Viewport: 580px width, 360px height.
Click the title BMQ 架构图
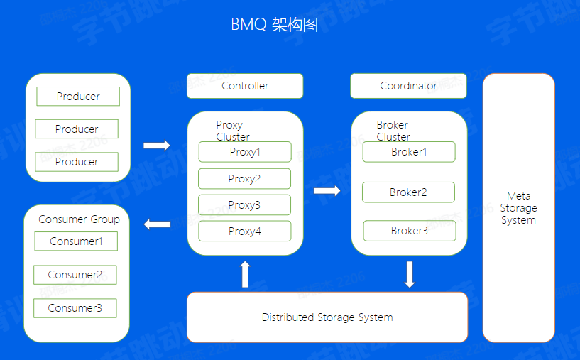click(x=274, y=24)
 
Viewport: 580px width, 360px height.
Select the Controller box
click(x=245, y=86)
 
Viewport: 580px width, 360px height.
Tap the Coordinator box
click(x=408, y=86)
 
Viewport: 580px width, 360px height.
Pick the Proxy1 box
click(x=245, y=152)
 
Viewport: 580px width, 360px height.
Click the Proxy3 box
click(x=244, y=205)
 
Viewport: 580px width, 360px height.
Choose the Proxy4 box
click(x=245, y=231)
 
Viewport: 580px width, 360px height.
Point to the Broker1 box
click(x=409, y=152)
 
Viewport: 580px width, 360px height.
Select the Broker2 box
click(x=408, y=192)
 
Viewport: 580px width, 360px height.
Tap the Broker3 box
click(x=410, y=231)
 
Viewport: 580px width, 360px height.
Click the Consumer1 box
click(x=76, y=241)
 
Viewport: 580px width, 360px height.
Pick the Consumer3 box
click(x=75, y=308)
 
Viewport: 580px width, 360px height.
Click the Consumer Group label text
click(x=79, y=219)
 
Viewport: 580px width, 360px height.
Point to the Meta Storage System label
click(x=518, y=208)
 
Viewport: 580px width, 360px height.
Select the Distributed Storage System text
click(x=327, y=317)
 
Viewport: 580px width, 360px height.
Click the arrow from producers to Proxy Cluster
click(x=157, y=146)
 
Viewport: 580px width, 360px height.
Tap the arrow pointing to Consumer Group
click(x=157, y=225)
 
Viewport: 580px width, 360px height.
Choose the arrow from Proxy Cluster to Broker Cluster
click(x=327, y=190)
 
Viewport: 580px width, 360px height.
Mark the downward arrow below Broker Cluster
click(x=410, y=274)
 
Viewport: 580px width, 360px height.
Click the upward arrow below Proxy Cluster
click(x=246, y=274)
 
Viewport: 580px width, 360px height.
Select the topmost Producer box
click(x=78, y=97)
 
